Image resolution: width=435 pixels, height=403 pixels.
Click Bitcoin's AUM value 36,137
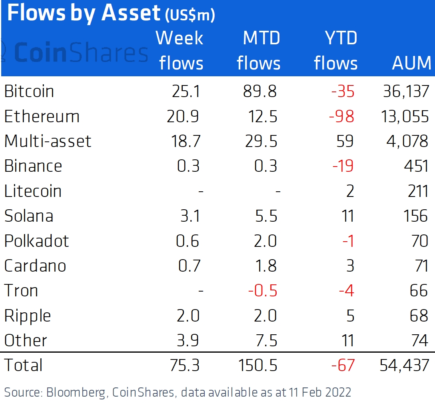click(x=406, y=91)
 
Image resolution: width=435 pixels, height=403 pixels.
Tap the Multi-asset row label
click(x=48, y=141)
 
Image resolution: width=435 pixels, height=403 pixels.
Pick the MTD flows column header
click(x=259, y=51)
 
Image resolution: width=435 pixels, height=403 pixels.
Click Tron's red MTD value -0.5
click(x=262, y=291)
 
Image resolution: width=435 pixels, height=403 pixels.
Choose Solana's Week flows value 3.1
click(x=190, y=216)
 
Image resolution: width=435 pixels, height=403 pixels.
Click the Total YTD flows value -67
click(x=343, y=365)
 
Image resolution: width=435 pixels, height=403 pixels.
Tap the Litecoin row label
click(x=33, y=191)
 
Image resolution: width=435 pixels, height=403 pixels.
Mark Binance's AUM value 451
click(x=416, y=166)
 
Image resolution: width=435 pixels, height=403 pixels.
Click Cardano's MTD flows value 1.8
click(x=266, y=266)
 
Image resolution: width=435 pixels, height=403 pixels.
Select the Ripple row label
click(x=28, y=316)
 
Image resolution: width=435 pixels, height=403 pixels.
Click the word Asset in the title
click(x=131, y=13)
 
